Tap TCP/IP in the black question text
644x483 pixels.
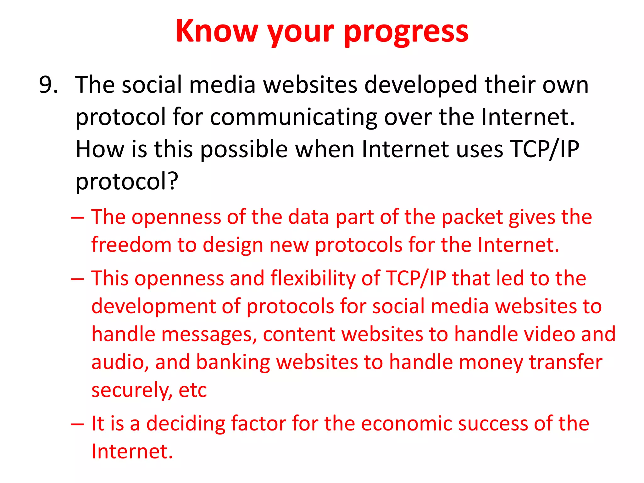point(544,149)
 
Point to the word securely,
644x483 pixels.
point(132,391)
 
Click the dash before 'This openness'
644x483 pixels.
point(77,279)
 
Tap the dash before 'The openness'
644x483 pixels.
point(77,218)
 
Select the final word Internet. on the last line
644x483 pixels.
point(132,452)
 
